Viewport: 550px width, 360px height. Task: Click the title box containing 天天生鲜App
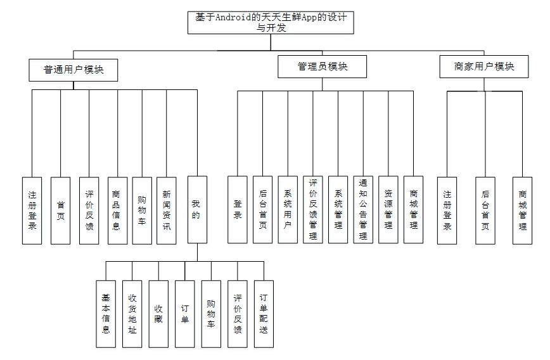[x=271, y=22]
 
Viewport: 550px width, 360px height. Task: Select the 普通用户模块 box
[x=74, y=70]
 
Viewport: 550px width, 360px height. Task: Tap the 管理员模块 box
[x=323, y=67]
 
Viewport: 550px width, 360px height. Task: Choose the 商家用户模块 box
[x=484, y=67]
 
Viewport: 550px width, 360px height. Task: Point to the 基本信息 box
[x=106, y=314]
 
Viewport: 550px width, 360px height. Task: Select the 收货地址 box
[x=132, y=314]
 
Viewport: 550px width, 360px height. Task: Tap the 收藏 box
[x=158, y=314]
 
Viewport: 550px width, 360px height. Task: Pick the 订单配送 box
[x=264, y=314]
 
